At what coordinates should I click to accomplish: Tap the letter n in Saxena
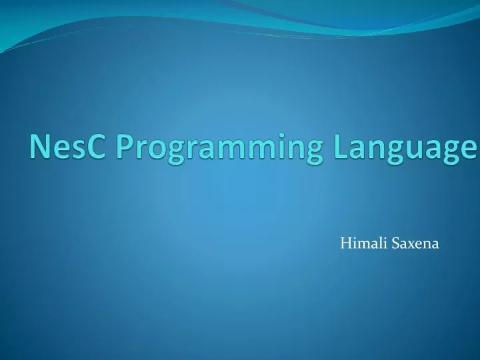click(x=425, y=246)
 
